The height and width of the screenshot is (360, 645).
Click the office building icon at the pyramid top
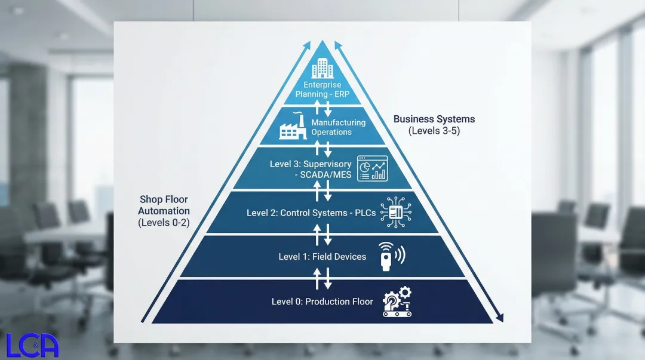(322, 68)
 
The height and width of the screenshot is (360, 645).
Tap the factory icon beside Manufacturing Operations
(293, 127)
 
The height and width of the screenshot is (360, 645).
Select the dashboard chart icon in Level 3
(372, 168)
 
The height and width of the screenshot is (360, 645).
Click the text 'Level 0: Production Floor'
(322, 301)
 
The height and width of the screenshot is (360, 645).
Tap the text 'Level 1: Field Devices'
(322, 257)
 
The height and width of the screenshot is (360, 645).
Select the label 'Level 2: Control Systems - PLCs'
(311, 213)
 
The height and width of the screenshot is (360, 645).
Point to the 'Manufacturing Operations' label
(338, 127)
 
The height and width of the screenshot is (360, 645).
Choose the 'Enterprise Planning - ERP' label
(322, 90)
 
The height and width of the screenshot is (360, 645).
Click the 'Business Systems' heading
(434, 119)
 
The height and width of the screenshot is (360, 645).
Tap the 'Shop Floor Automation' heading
(164, 205)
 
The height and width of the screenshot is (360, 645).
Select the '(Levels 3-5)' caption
(434, 131)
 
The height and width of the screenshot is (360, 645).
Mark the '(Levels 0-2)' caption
(164, 222)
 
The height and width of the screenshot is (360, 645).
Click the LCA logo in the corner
(32, 346)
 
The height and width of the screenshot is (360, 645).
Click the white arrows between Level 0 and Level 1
(322, 278)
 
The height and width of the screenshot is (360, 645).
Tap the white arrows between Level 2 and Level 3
(322, 190)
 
